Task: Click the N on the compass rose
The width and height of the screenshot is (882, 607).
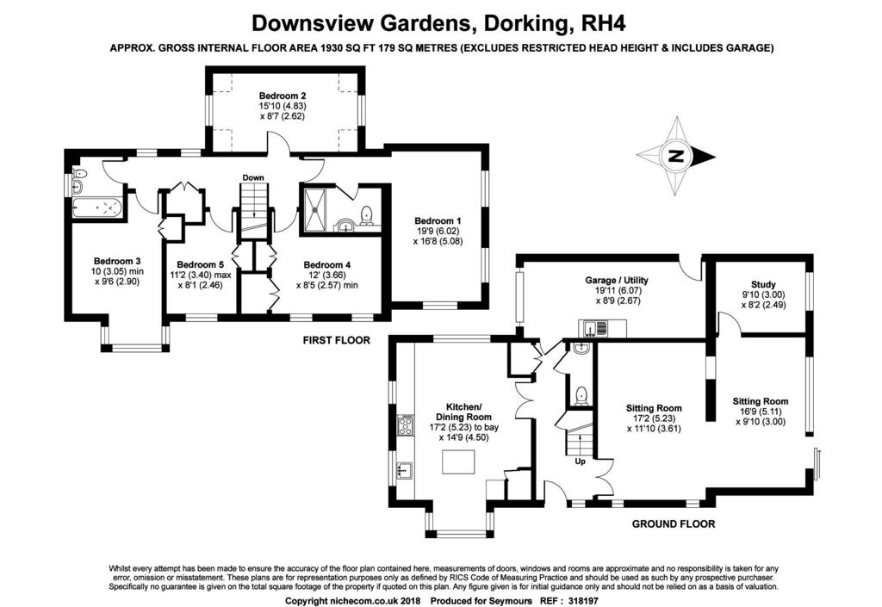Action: [678, 156]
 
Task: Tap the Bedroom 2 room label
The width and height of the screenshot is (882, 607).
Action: [283, 96]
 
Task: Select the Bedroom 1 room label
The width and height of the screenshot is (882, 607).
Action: [438, 221]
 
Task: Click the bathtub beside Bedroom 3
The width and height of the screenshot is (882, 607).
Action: [97, 207]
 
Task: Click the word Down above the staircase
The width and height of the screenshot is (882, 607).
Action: [253, 177]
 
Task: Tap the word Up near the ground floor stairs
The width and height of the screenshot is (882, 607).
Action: [580, 461]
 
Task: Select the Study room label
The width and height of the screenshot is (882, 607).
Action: [763, 285]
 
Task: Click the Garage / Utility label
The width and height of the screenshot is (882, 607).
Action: [617, 281]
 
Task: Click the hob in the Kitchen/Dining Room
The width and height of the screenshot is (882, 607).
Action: [405, 425]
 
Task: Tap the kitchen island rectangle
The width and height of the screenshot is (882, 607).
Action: [458, 462]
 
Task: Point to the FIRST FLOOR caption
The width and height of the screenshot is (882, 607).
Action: [337, 340]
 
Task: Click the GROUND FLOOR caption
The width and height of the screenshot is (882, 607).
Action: [674, 523]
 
